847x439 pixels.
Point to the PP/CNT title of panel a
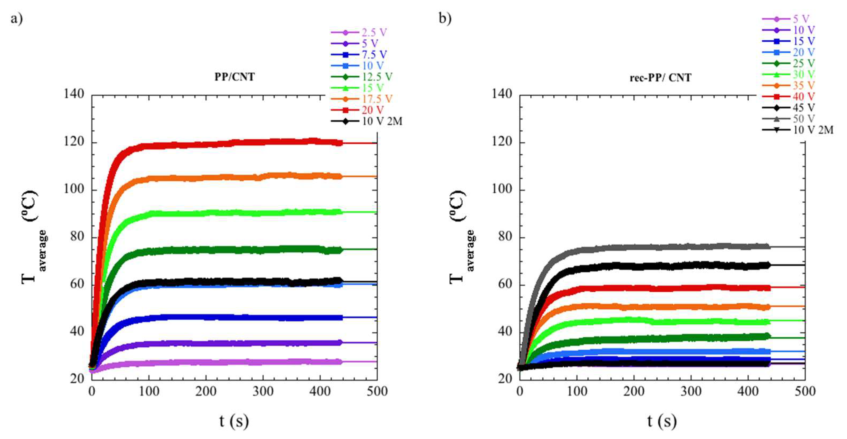pos(235,77)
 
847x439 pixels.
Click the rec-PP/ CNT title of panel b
pos(660,77)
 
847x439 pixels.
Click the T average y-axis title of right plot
pos(460,237)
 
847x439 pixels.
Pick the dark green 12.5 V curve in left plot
pos(230,250)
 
